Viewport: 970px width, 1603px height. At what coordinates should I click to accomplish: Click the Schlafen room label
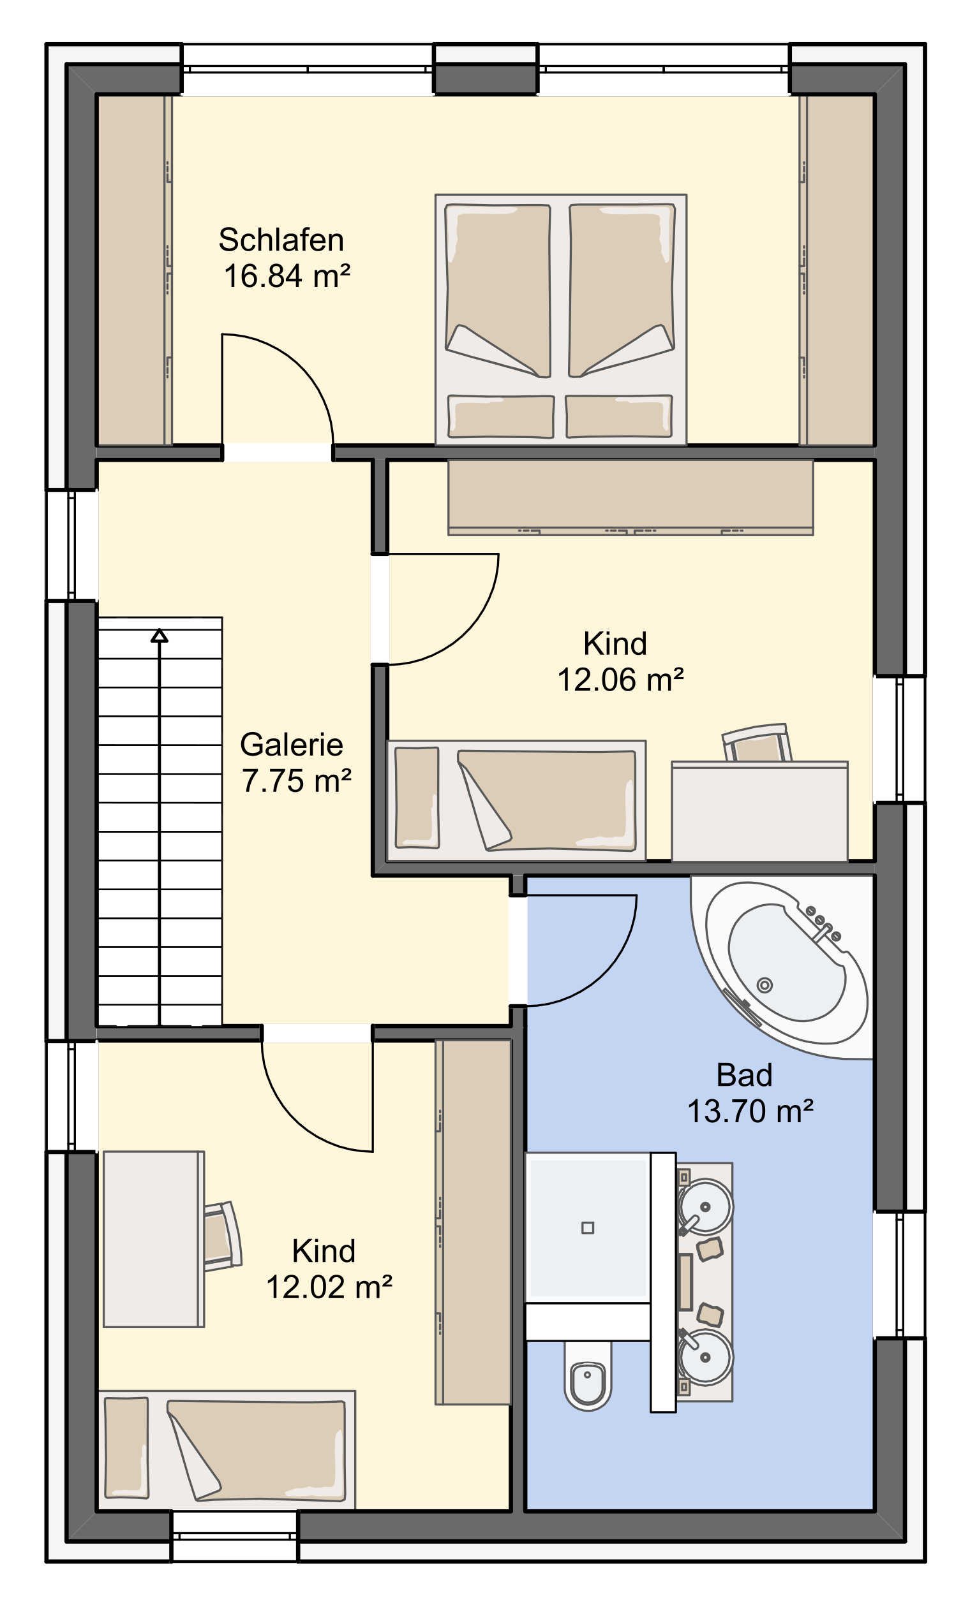[281, 240]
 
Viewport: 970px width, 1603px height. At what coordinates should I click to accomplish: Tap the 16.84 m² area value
[287, 276]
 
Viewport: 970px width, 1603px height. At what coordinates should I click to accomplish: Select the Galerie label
[291, 745]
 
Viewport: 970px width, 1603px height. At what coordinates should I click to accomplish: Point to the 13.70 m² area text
[750, 1111]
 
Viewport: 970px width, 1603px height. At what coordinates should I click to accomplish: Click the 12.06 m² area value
[620, 680]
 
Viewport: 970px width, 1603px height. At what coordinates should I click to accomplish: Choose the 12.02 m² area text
[329, 1287]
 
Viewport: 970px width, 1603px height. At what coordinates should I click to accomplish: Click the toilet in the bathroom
[588, 1374]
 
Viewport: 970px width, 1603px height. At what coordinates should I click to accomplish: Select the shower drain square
[588, 1227]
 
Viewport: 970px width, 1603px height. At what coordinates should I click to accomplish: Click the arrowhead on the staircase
[160, 636]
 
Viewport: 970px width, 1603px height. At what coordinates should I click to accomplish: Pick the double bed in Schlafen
[560, 319]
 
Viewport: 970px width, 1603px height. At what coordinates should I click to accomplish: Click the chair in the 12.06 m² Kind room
[757, 743]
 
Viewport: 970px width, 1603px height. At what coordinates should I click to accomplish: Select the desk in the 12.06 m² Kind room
[759, 811]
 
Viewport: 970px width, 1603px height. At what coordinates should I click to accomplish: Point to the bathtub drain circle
[765, 985]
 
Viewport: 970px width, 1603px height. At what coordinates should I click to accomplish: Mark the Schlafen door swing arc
[301, 366]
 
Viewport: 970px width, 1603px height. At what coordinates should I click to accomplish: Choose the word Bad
[744, 1076]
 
